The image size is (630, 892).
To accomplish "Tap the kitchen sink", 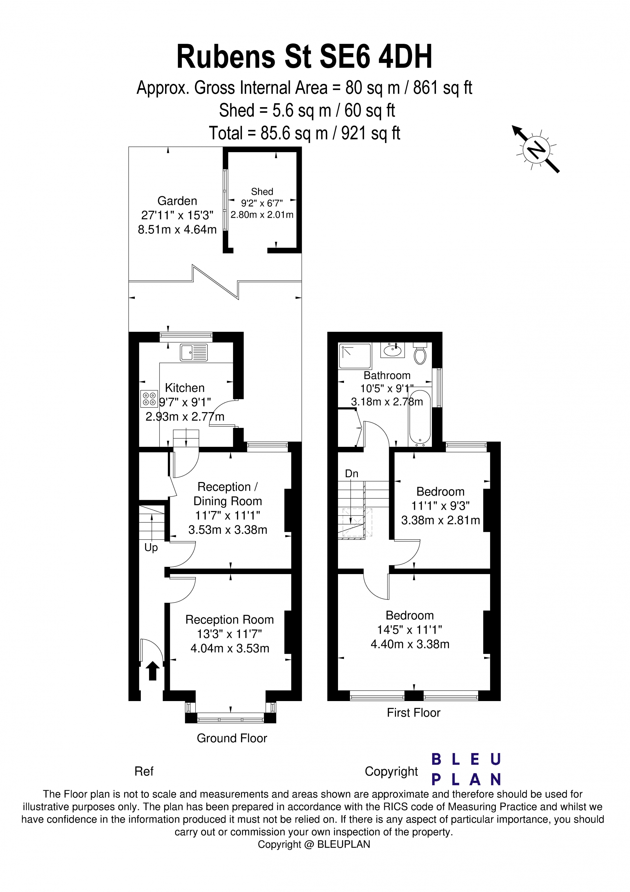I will click(x=194, y=352).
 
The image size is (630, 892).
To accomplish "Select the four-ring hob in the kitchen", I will click(x=149, y=399).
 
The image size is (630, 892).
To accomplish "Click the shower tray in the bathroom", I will click(x=355, y=355).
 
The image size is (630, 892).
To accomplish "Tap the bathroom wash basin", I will click(x=393, y=350).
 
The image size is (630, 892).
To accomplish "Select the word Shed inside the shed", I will click(x=262, y=192).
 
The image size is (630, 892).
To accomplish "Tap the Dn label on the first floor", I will click(x=352, y=474).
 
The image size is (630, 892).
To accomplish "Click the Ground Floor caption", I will click(x=232, y=738).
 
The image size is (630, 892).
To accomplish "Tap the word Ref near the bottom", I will click(x=144, y=771).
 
